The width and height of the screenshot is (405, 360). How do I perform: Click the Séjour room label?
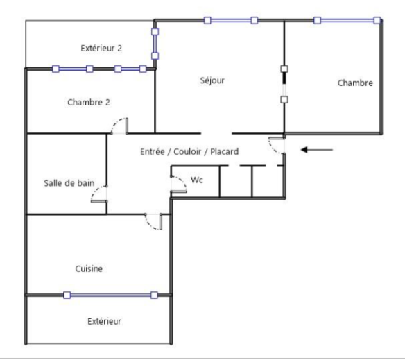pos(212,80)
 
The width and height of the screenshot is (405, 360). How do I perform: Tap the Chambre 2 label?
pos(89,103)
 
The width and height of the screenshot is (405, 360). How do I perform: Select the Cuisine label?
pos(89,268)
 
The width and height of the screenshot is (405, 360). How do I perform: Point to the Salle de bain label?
pos(69,183)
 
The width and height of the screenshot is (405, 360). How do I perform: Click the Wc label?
pos(197,180)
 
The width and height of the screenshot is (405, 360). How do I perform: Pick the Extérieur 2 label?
pos(101,49)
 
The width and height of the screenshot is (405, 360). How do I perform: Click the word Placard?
pos(224,151)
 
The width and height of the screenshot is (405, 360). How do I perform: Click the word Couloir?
pos(187,151)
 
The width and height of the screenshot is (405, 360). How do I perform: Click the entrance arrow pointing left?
pos(317,149)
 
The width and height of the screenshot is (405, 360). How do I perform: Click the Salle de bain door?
pos(98,194)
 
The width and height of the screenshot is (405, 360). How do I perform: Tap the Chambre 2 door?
pos(119,126)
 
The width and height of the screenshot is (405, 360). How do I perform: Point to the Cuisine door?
pos(153,221)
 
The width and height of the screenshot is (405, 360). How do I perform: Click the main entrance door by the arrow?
pos(277,146)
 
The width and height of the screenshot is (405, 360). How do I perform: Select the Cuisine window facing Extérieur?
pos(110,295)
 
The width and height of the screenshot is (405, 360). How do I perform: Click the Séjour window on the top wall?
pos(231,20)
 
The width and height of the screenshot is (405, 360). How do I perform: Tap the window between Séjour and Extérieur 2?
pos(155,44)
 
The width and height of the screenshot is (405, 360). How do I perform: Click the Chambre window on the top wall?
pos(347,20)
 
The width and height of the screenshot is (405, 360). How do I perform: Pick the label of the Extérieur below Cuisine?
pos(104,321)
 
